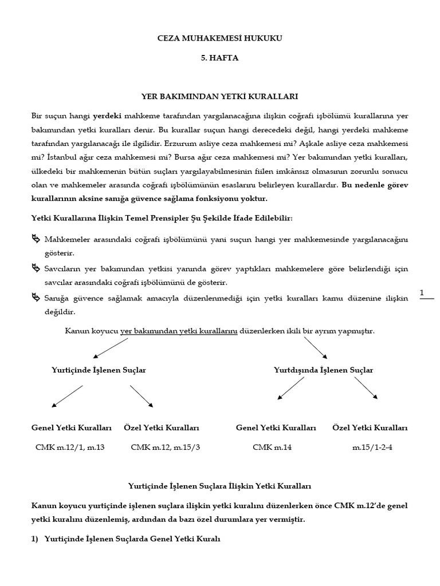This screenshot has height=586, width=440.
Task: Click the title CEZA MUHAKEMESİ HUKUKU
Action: pos(220,38)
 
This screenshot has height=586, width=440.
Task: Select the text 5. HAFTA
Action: pos(220,58)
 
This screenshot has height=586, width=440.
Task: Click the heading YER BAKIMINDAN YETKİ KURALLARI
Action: pos(220,98)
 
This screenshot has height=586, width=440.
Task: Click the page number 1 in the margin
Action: pos(422,293)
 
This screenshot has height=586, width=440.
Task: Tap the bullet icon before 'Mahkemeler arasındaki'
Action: pos(36,238)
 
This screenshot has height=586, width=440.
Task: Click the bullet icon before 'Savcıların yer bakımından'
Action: pos(36,268)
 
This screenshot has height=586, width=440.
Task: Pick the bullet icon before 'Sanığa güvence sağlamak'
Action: pos(36,298)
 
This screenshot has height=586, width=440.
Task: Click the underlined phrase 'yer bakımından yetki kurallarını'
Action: pos(179,331)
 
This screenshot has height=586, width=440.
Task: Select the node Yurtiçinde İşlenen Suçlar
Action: pos(99,370)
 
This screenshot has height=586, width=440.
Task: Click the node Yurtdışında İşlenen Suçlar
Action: pos(324,370)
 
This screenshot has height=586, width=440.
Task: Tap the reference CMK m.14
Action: pos(272,448)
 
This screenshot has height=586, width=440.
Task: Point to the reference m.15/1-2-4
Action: pos(372,448)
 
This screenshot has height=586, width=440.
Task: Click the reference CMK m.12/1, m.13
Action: pos(70,448)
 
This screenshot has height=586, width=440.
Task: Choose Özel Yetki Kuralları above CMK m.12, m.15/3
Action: pos(161,428)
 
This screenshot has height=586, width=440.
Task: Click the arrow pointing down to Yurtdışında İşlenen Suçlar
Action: pos(315,346)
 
